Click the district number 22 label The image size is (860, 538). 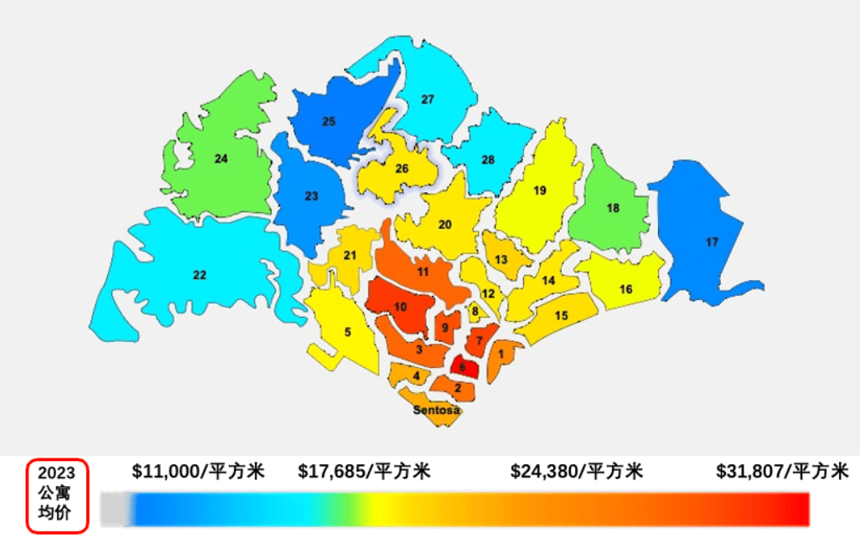(199, 275)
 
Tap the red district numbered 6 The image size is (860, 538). (463, 366)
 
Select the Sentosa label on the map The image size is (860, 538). (437, 410)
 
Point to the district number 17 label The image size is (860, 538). (712, 242)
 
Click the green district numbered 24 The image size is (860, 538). (220, 158)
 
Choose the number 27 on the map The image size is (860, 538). (427, 100)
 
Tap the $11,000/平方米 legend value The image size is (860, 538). (198, 471)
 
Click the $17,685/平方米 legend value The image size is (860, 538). (364, 471)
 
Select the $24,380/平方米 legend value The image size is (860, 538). (576, 471)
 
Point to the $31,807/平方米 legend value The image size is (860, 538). (782, 471)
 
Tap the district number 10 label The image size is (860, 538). (401, 307)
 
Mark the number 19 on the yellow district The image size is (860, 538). (540, 191)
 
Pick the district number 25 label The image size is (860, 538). (329, 122)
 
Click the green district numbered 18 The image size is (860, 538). (613, 208)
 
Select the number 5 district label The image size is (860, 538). (347, 332)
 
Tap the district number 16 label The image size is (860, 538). (625, 289)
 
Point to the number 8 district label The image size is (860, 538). (474, 312)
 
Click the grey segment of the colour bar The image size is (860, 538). (116, 508)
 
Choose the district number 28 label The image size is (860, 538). (488, 159)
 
